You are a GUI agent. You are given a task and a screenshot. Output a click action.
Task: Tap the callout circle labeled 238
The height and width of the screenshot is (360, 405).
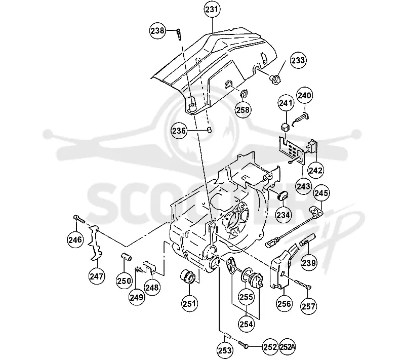pyautogui.click(x=157, y=31)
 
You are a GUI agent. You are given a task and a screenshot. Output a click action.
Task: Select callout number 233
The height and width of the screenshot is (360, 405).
pyautogui.click(x=298, y=60)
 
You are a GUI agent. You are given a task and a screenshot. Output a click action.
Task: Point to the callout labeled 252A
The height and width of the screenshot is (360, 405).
pyautogui.click(x=287, y=347)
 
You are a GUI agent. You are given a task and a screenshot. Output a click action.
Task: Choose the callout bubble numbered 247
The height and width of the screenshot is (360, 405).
pyautogui.click(x=97, y=276)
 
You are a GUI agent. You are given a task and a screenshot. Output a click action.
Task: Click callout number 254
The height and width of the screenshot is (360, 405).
pyautogui.click(x=246, y=324)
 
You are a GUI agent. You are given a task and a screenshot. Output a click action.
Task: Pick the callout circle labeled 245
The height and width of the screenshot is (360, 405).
pyautogui.click(x=321, y=193)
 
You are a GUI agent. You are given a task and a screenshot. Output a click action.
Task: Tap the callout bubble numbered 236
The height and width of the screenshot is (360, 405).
pyautogui.click(x=179, y=131)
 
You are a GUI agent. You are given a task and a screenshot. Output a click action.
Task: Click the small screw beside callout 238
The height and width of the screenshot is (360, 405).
pyautogui.click(x=179, y=34)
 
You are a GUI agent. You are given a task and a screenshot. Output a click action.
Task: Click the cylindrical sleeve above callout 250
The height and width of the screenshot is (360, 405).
pyautogui.click(x=127, y=258)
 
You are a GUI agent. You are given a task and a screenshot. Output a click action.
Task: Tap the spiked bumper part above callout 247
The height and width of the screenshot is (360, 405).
pyautogui.click(x=95, y=242)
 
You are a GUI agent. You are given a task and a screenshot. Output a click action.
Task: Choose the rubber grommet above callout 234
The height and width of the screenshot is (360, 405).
pyautogui.click(x=282, y=195)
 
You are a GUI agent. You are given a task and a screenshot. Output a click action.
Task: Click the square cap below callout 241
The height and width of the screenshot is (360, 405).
pyautogui.click(x=285, y=127)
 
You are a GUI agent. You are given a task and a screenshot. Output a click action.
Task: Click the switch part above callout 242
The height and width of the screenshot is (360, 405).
pyautogui.click(x=311, y=147)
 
